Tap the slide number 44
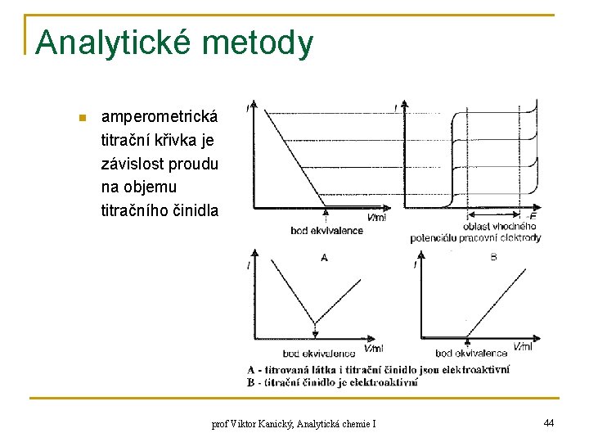click(x=548, y=422)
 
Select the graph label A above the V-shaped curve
click(x=325, y=258)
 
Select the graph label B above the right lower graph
click(x=492, y=257)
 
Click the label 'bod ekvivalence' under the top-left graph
click(x=326, y=231)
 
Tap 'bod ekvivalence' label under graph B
click(x=471, y=353)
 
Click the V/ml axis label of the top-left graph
click(x=376, y=218)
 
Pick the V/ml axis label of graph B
click(x=522, y=346)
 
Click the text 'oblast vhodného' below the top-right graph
click(x=499, y=227)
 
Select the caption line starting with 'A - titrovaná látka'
click(x=378, y=370)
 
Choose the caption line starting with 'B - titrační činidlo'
click(x=333, y=381)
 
